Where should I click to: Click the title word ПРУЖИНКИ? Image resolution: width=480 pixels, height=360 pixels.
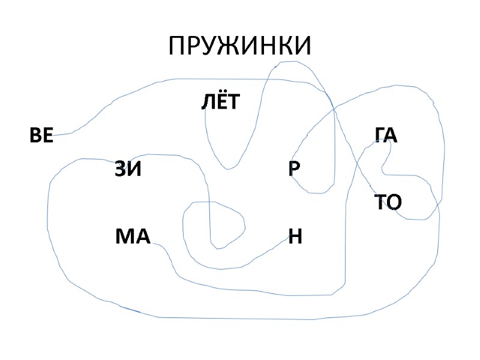pyautogui.click(x=240, y=46)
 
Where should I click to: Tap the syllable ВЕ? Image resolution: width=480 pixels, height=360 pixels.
pyautogui.click(x=41, y=136)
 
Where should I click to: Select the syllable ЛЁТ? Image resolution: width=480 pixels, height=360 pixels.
pyautogui.click(x=220, y=103)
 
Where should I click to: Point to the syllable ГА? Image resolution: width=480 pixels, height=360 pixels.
pyautogui.click(x=386, y=135)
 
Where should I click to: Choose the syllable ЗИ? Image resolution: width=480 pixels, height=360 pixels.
pyautogui.click(x=128, y=170)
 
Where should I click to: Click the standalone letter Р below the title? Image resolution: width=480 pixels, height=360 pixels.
pyautogui.click(x=294, y=169)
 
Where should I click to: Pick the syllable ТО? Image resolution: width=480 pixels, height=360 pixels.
pyautogui.click(x=388, y=202)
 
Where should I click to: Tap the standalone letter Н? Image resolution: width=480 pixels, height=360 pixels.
pyautogui.click(x=295, y=237)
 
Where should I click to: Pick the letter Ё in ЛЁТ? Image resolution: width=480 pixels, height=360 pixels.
pyautogui.click(x=220, y=101)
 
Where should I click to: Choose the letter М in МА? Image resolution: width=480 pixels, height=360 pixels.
pyautogui.click(x=125, y=237)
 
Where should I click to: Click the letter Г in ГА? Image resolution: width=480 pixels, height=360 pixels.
pyautogui.click(x=380, y=135)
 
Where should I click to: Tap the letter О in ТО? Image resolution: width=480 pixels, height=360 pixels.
pyautogui.click(x=394, y=202)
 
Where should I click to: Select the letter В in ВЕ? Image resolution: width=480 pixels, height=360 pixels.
pyautogui.click(x=35, y=136)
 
